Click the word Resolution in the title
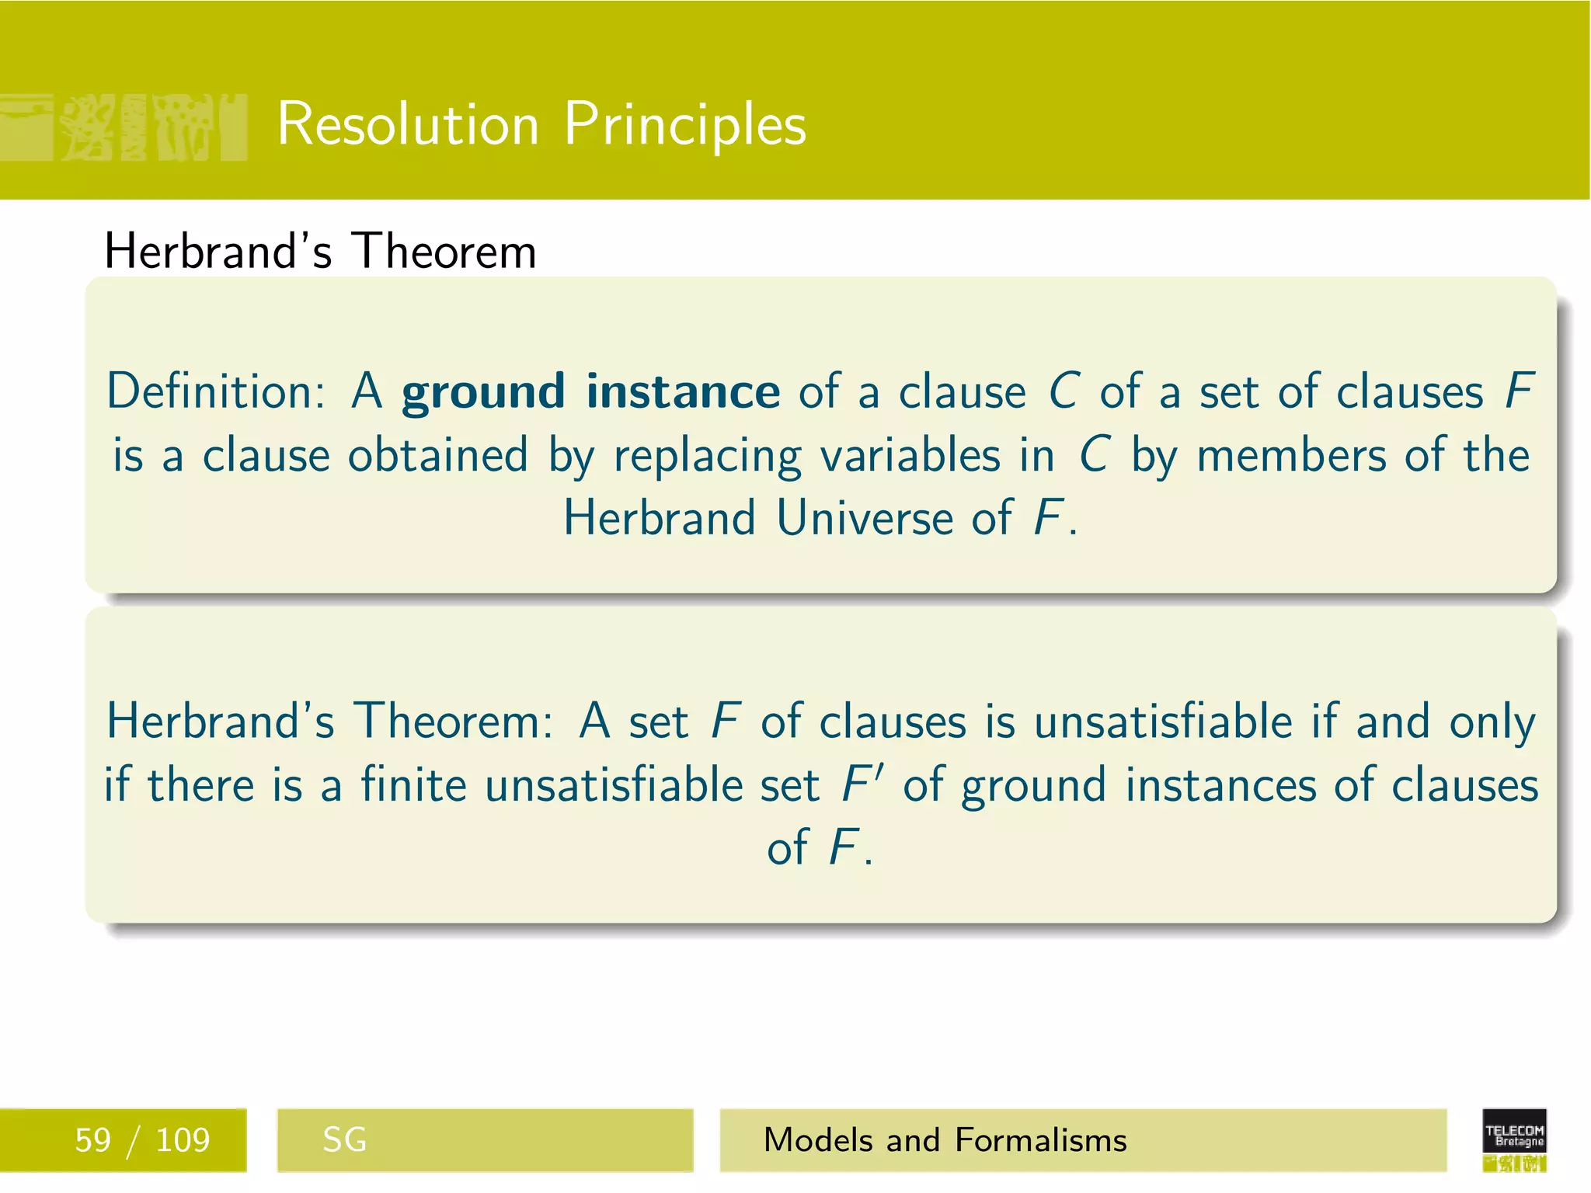point(408,124)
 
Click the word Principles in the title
point(685,124)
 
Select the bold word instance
point(683,391)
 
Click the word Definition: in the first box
point(216,391)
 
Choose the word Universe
point(864,517)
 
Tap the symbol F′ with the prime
point(863,784)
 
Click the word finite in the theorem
point(413,784)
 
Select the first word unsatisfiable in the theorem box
point(1163,721)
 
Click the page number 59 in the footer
point(92,1140)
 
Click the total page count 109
point(183,1140)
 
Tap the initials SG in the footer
point(344,1140)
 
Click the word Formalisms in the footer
point(1040,1140)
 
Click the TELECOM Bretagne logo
point(1514,1139)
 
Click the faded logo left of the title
point(124,127)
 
